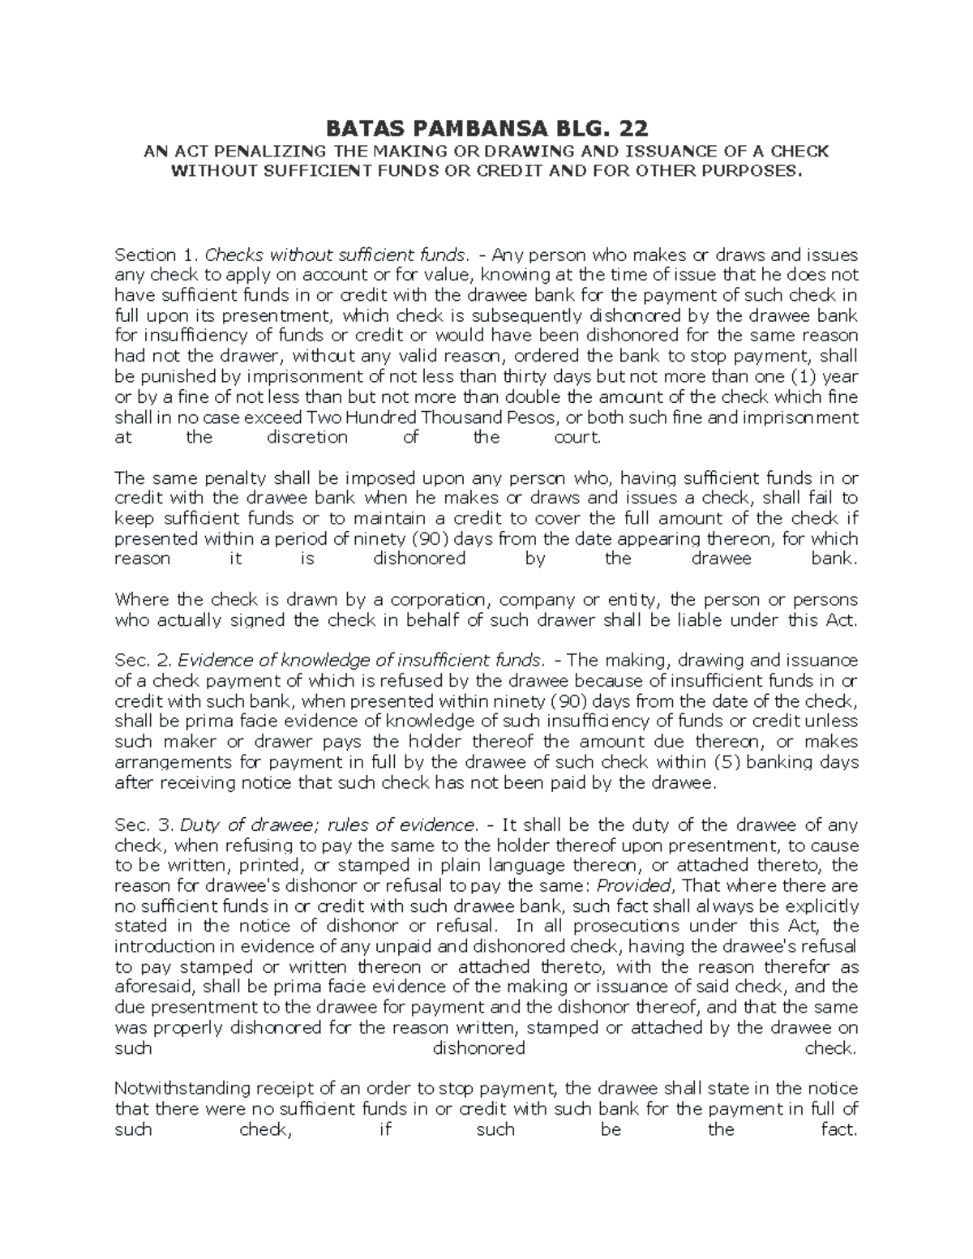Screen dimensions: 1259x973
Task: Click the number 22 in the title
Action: point(632,129)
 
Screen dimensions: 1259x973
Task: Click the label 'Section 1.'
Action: point(146,255)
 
